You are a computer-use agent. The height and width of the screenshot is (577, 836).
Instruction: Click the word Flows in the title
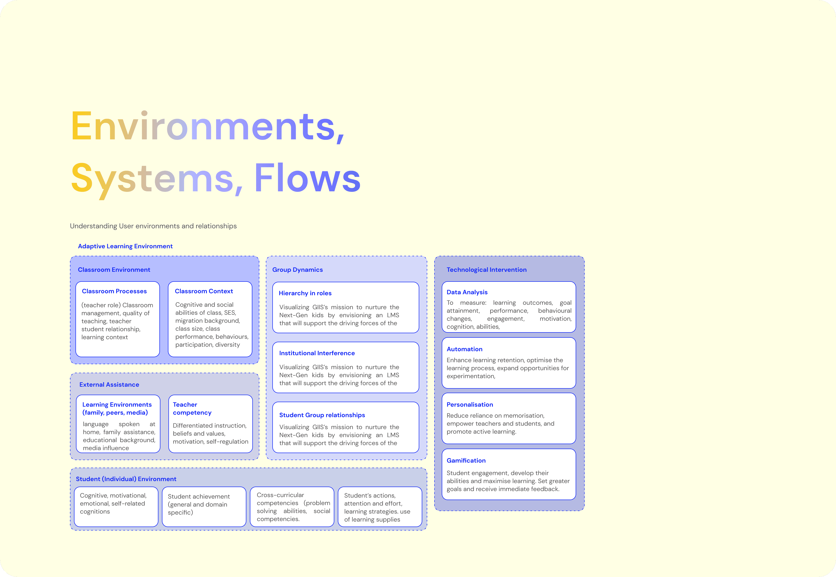[307, 178]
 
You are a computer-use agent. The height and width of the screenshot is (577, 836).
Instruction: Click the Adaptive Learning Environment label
[125, 246]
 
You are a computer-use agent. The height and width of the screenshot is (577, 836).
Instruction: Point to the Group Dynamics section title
[297, 270]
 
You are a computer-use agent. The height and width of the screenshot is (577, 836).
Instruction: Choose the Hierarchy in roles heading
[305, 293]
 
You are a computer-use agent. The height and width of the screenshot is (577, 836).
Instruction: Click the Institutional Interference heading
[317, 353]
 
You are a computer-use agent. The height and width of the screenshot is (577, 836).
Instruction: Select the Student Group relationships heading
[322, 415]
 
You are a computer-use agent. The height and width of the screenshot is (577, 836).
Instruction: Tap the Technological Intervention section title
[486, 270]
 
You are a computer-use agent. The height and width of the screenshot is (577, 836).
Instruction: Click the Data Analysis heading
[467, 292]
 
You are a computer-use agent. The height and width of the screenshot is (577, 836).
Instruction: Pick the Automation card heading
[464, 349]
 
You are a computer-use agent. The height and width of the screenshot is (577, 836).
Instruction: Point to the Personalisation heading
[470, 405]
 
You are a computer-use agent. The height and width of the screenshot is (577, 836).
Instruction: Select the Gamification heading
[466, 461]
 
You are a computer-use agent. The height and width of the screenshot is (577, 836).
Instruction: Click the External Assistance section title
[109, 385]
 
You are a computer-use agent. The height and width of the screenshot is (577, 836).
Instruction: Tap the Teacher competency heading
[192, 409]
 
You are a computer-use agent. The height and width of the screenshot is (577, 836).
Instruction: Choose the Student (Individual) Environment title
[126, 479]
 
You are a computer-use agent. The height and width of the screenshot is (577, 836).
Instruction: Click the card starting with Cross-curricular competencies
[292, 507]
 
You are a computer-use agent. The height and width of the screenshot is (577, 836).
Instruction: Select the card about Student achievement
[204, 507]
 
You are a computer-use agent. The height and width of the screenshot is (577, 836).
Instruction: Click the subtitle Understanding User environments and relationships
[153, 226]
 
